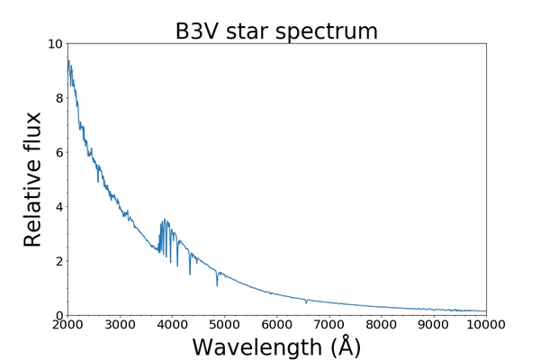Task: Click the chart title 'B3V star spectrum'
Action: pos(276,31)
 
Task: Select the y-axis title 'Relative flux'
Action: pos(33,179)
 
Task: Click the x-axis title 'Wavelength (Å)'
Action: pos(276,346)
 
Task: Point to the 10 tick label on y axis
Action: pos(54,44)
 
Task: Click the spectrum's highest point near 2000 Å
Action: pos(67,59)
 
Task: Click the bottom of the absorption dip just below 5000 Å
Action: pos(216,285)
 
